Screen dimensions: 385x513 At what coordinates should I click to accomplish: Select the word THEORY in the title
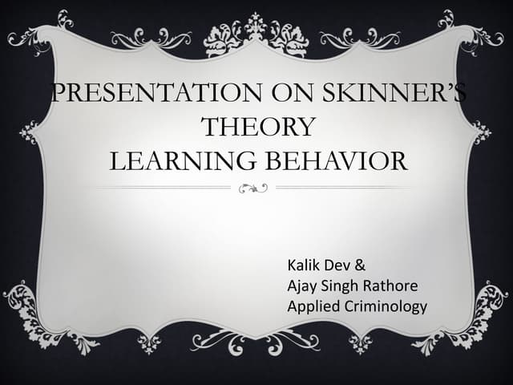(256, 127)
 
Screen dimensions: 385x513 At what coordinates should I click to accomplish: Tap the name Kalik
(304, 264)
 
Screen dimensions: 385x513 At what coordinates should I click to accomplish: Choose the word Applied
(312, 306)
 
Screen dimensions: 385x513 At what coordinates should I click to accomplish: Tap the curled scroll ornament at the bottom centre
(256, 341)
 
